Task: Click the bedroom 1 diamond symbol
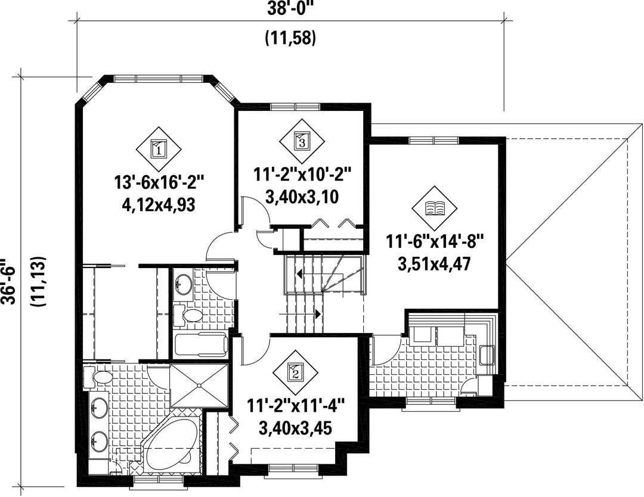tap(159, 148)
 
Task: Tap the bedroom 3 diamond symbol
tap(302, 141)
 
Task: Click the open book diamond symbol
tap(435, 208)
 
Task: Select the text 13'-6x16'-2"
tap(159, 183)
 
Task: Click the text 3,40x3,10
tap(302, 197)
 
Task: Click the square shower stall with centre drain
tap(199, 386)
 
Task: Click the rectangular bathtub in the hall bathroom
tap(200, 345)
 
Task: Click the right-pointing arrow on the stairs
tap(300, 314)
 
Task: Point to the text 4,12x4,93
tap(159, 204)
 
